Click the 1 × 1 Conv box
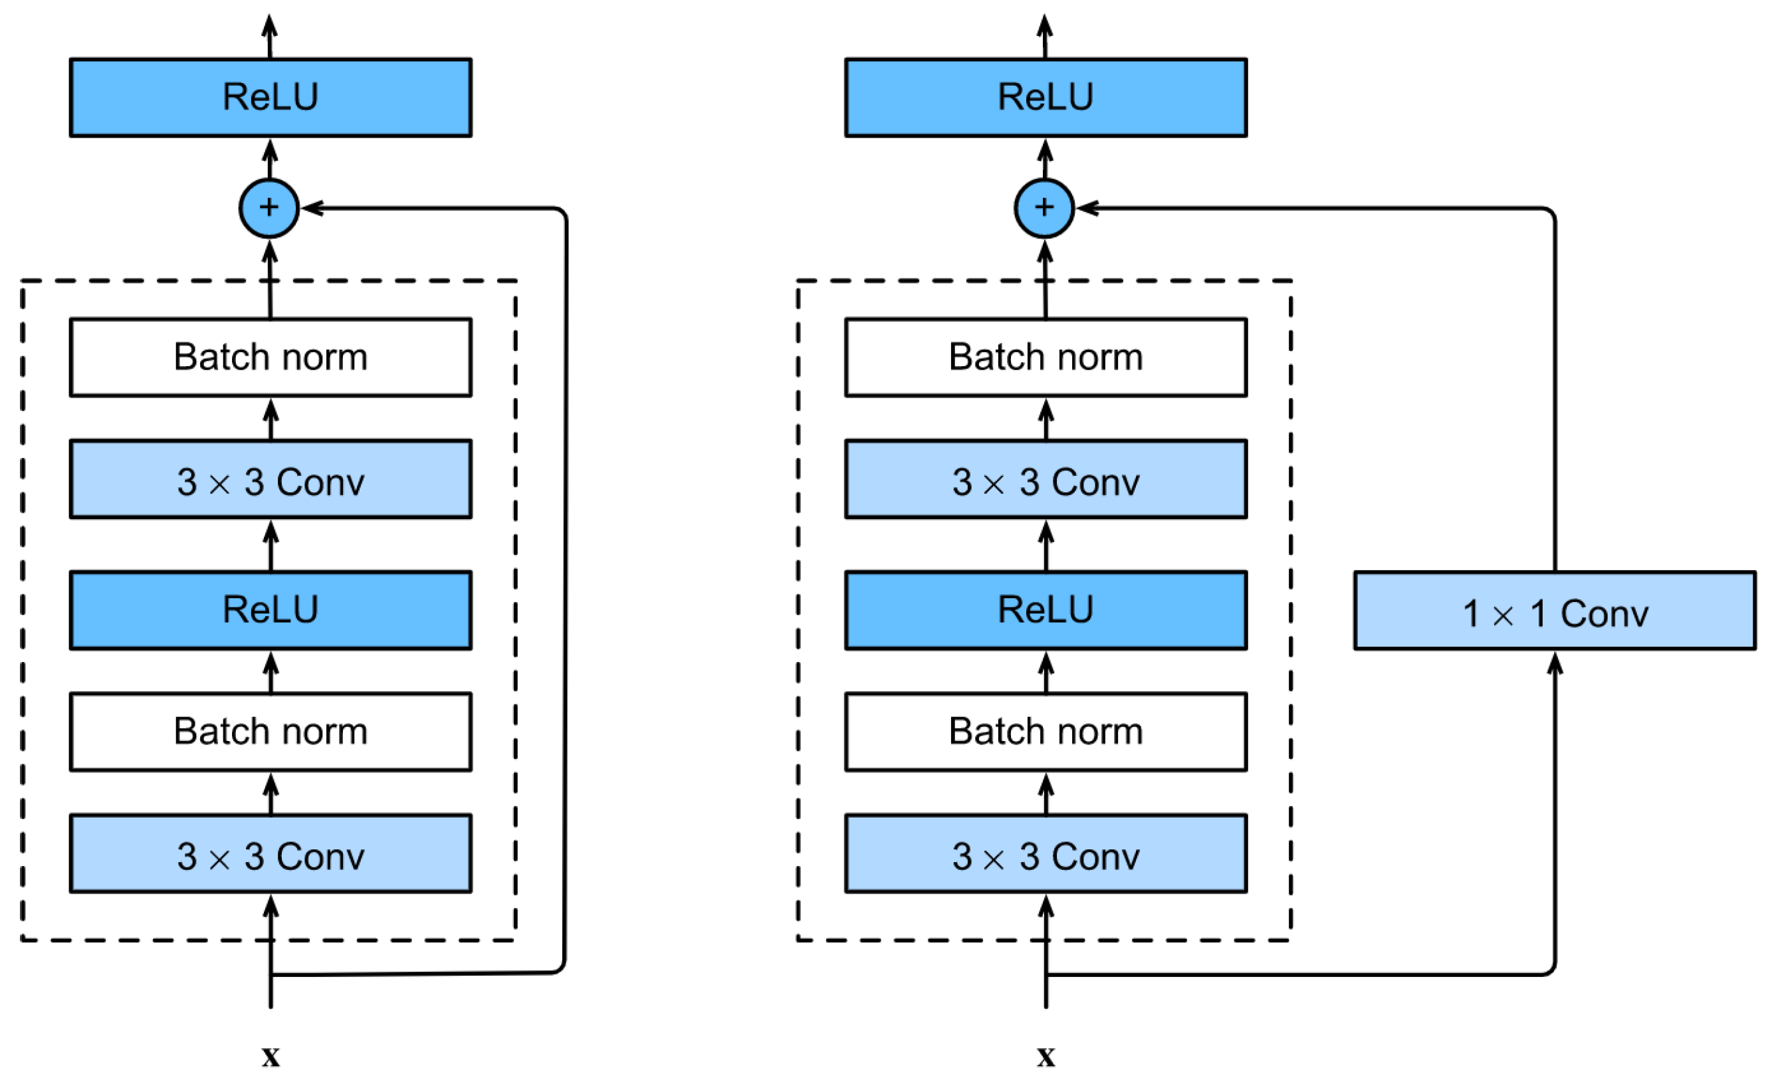1553,611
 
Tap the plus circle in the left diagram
269,208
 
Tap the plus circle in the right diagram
1044,208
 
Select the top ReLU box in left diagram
271,97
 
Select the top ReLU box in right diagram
1046,97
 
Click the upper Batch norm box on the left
271,357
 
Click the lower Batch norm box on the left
271,731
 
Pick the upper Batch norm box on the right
1046,357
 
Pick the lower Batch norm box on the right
1046,731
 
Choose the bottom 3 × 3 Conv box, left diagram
271,853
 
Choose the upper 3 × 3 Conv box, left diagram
271,479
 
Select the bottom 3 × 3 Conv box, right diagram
1046,853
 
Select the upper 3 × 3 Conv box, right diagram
1046,479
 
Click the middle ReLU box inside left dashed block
271,610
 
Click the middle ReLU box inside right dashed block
1046,610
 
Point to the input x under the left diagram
271,1056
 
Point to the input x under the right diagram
1046,1056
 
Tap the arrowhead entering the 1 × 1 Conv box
1554,662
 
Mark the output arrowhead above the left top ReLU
270,26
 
